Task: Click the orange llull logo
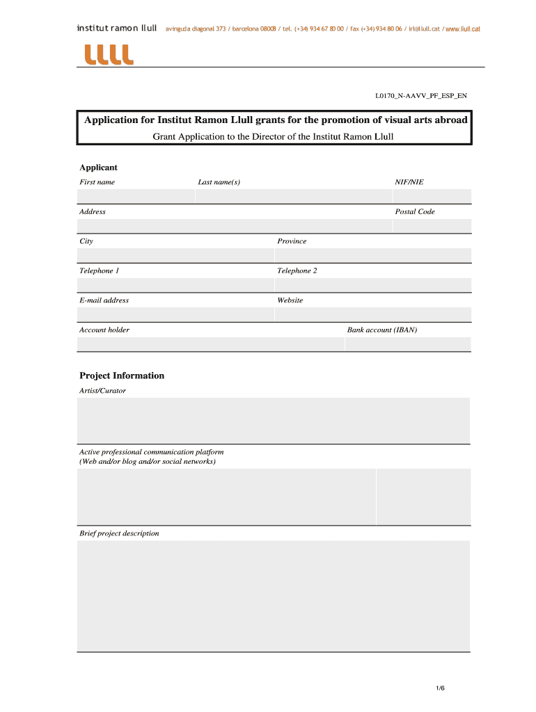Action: (108, 54)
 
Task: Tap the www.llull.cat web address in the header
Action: (463, 29)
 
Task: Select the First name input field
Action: (136, 196)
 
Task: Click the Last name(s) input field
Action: (292, 196)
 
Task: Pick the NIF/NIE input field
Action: (432, 196)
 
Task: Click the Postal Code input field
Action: (432, 226)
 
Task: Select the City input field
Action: (175, 256)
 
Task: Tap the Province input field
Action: (372, 256)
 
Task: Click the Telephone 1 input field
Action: (175, 285)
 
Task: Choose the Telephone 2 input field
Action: (372, 285)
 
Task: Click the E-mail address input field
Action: (175, 315)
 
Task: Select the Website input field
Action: (372, 315)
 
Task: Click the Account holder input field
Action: (210, 344)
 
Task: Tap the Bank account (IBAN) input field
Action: (408, 344)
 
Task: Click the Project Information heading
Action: (122, 375)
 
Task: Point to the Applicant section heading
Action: (98, 168)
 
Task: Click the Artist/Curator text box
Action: (273, 420)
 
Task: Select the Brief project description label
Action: (119, 533)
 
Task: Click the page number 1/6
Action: (440, 688)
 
